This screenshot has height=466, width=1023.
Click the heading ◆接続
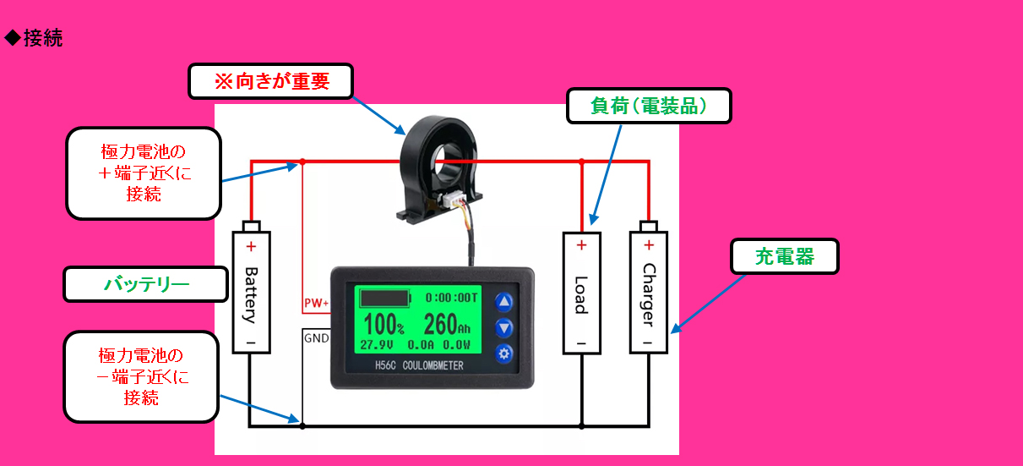(x=33, y=38)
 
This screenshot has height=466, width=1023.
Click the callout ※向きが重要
(x=271, y=81)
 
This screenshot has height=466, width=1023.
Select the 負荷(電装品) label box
(x=649, y=106)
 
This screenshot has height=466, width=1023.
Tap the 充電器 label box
(x=785, y=256)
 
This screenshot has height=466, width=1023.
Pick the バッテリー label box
(x=145, y=284)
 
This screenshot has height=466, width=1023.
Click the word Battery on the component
(x=251, y=295)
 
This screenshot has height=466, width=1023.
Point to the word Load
(x=581, y=295)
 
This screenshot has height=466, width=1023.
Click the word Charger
(x=649, y=295)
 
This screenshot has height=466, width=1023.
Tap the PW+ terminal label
(x=316, y=303)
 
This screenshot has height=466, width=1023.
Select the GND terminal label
(x=316, y=338)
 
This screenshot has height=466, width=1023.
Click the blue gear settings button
(x=503, y=354)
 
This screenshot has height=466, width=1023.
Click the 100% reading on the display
(x=384, y=324)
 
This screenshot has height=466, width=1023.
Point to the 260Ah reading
(x=447, y=324)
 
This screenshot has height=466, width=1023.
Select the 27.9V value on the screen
(x=376, y=345)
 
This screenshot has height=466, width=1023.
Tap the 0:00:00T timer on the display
(x=451, y=299)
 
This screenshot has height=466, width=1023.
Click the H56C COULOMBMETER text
(x=419, y=365)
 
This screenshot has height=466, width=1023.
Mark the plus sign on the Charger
(x=649, y=245)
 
